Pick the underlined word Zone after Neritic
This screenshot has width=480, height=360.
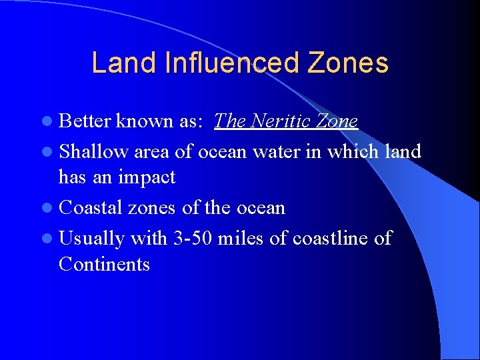point(337,121)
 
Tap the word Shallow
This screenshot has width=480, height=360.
point(94,151)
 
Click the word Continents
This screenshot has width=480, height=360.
point(104,264)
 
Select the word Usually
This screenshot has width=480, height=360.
point(92,238)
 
